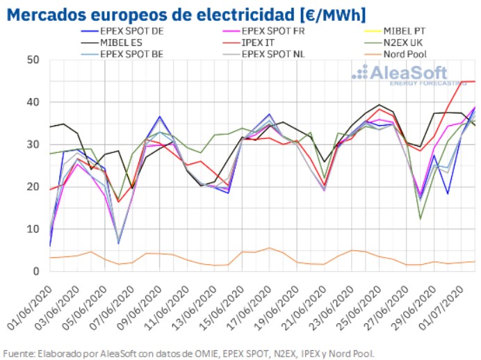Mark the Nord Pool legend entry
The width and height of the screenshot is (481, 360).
[417, 51]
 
